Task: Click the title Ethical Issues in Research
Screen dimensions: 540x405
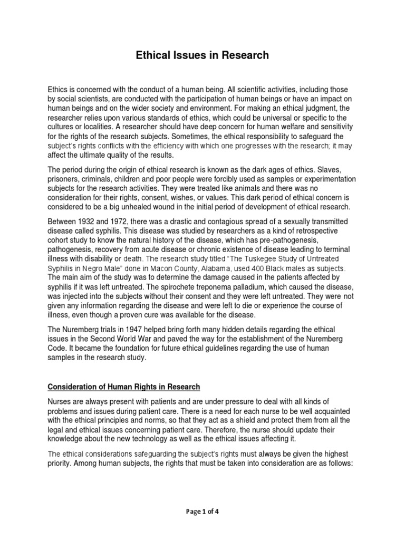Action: [x=202, y=55]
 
